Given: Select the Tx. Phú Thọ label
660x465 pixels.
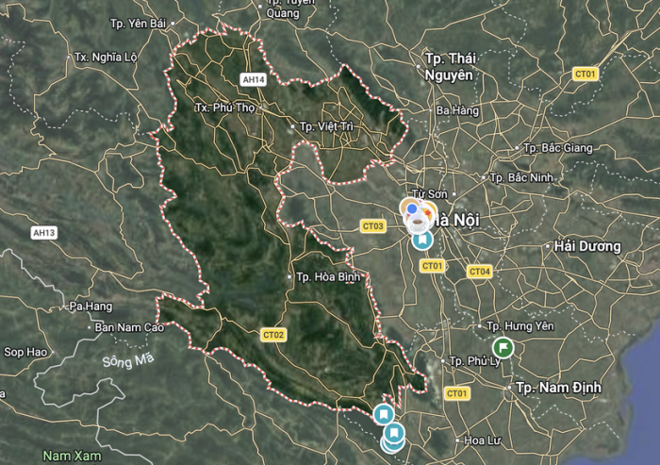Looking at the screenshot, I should tap(225, 108).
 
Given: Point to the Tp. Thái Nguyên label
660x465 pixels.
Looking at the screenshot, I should tap(447, 67).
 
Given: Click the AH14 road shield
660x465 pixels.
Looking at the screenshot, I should tap(253, 80).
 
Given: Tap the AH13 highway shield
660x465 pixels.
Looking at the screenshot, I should tap(44, 233).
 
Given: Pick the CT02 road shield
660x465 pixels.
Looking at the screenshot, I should tap(273, 334).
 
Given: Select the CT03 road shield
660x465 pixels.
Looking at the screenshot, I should tap(373, 226).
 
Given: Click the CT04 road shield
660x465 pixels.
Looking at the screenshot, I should tap(479, 272).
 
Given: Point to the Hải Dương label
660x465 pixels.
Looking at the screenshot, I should tap(583, 246).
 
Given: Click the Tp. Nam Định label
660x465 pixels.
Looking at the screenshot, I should tap(558, 388).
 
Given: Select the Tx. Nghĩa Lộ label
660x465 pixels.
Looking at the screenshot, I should tap(107, 57).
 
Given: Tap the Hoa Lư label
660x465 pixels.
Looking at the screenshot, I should tap(481, 440).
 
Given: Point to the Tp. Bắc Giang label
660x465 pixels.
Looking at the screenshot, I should tap(559, 148).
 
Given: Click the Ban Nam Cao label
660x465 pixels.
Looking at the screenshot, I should tap(129, 327).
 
